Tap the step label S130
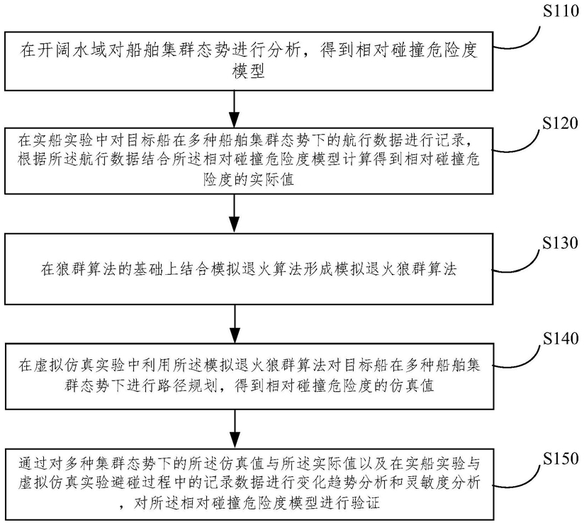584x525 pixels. pyautogui.click(x=552, y=242)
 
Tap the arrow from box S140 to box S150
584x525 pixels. pyautogui.click(x=233, y=427)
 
